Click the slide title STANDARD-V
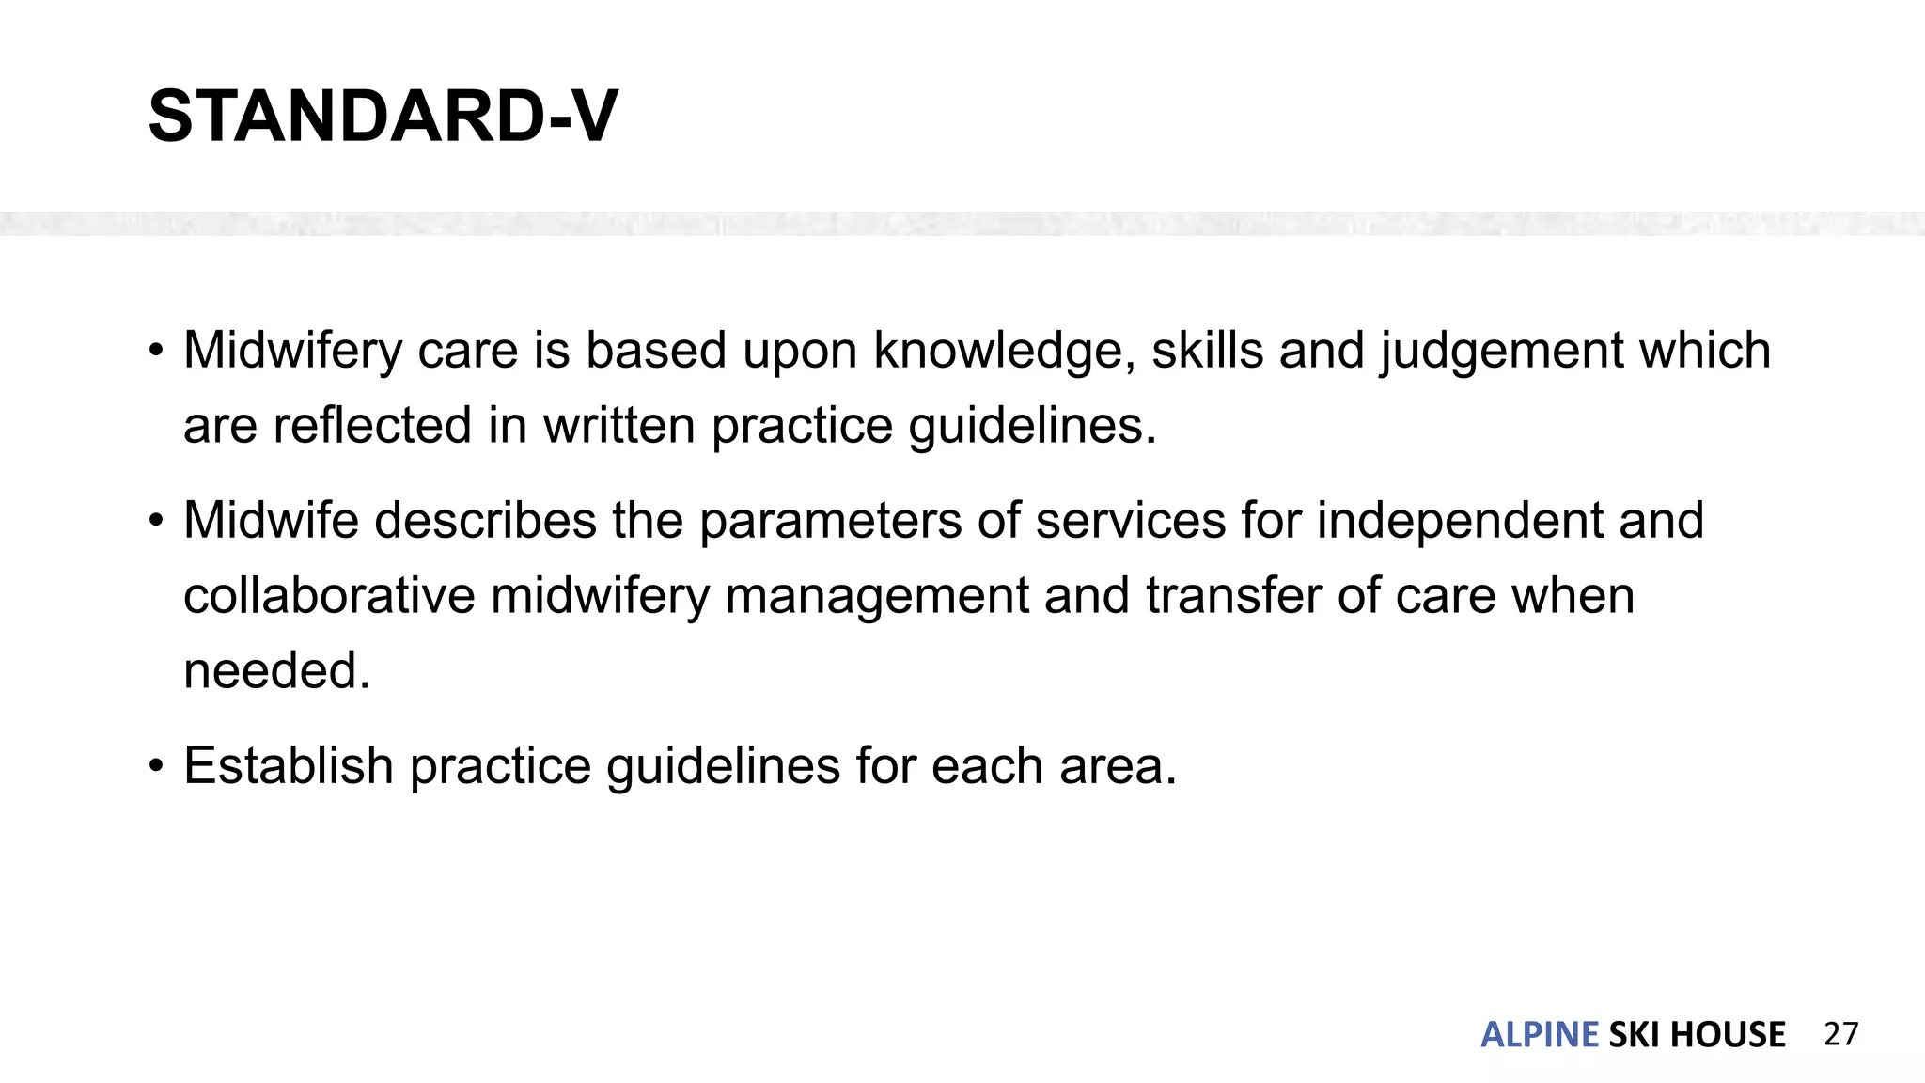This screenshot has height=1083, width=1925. (x=383, y=117)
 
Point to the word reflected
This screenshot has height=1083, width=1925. (x=372, y=426)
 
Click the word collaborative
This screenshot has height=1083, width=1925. (x=329, y=596)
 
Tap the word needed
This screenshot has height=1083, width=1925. (x=275, y=671)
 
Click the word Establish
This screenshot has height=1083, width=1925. (x=289, y=765)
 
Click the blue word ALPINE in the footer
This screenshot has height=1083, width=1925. (x=1539, y=1035)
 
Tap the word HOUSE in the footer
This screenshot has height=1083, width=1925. (x=1728, y=1035)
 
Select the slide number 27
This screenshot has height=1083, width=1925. (x=1840, y=1034)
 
